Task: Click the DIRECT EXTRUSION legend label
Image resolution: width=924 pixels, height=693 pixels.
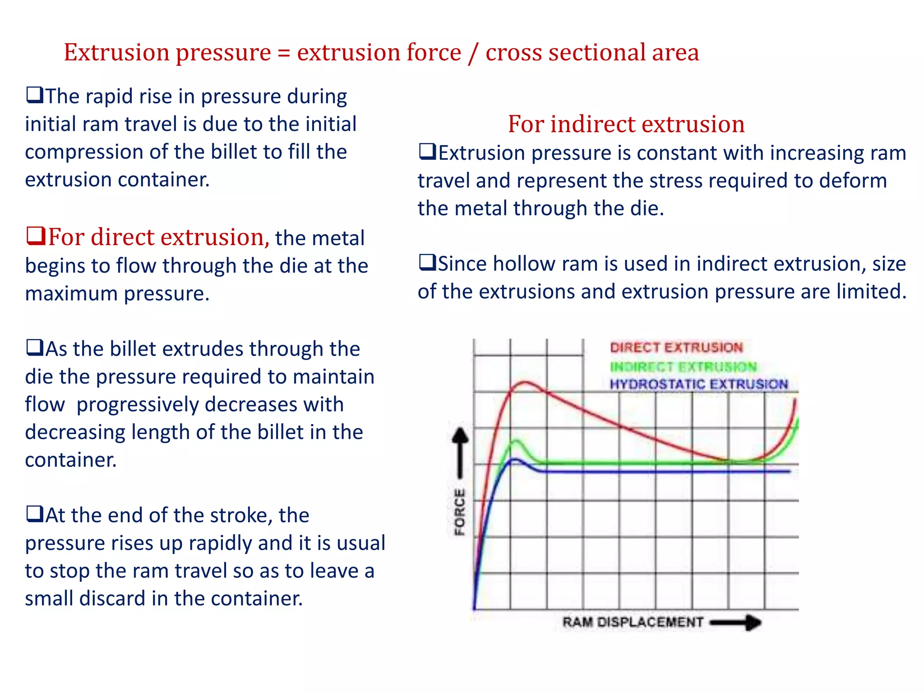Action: pos(676,347)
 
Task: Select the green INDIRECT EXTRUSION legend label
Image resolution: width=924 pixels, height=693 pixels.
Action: pos(683,367)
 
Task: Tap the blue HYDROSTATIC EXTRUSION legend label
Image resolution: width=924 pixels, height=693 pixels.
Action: pos(698,384)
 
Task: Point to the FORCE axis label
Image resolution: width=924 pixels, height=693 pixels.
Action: pos(460,512)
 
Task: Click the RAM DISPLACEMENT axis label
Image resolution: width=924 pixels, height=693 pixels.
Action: pos(633,622)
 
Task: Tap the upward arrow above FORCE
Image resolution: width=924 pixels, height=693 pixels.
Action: pos(460,451)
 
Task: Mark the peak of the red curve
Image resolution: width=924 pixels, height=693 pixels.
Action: pos(525,383)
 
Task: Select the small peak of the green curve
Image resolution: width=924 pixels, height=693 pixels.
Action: pos(516,441)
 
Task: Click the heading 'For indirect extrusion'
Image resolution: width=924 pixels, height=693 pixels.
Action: pos(626,124)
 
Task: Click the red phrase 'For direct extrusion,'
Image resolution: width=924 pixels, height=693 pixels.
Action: pos(158,237)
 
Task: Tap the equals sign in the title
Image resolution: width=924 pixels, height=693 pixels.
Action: pos(284,53)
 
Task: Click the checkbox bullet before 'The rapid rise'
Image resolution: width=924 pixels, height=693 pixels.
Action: pos(35,95)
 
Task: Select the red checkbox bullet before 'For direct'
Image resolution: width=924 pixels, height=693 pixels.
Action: pos(36,236)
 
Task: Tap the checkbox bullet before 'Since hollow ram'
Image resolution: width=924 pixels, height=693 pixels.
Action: pos(427,263)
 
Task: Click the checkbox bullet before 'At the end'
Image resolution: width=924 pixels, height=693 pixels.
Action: pos(35,514)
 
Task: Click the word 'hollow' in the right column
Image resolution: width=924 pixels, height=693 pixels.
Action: pos(524,264)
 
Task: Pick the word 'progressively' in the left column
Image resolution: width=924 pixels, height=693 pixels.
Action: pos(137,405)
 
